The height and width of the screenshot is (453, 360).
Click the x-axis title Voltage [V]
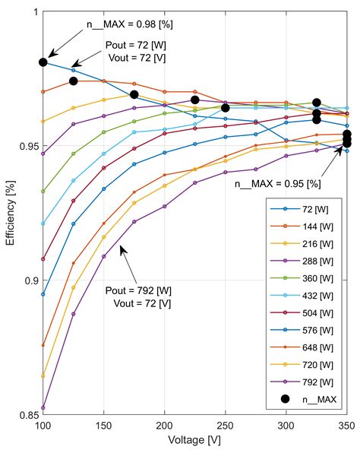coord(194,441)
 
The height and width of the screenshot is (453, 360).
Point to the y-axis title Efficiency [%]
coord(10,214)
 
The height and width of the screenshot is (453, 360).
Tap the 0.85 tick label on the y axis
coord(24,416)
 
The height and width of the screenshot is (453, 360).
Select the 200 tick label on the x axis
coord(164,427)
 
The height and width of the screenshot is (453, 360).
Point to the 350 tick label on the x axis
coord(346,427)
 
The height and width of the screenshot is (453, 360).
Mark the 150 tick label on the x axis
coord(103,427)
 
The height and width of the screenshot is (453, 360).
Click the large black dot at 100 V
coord(43,62)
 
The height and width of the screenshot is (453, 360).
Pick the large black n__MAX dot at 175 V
coord(134,95)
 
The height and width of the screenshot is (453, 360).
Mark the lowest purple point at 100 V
coord(43,407)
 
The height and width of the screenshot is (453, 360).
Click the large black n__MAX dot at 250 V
coord(226,108)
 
